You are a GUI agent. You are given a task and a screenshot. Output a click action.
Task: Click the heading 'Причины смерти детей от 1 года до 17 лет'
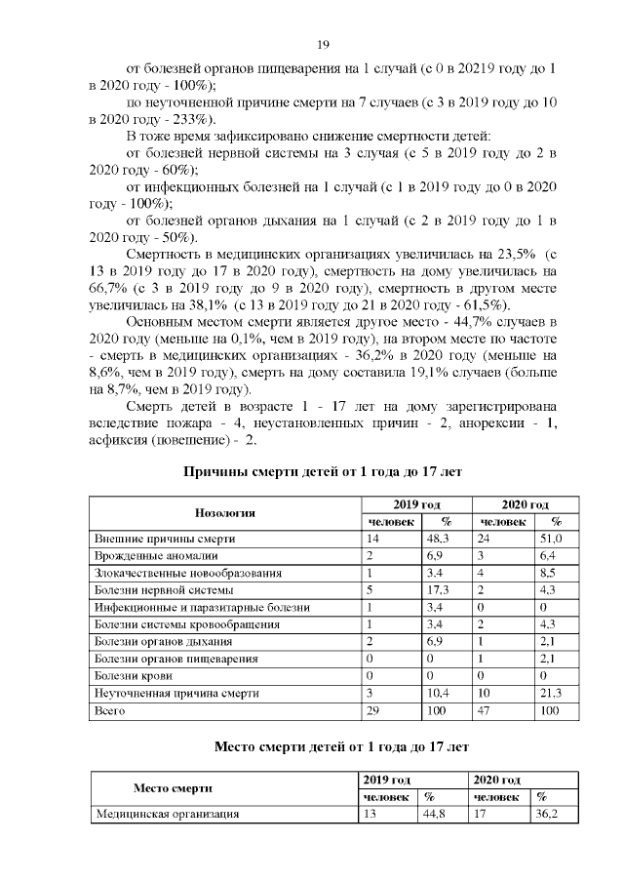[x=323, y=471]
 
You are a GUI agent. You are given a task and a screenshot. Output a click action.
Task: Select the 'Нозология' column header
[x=225, y=512]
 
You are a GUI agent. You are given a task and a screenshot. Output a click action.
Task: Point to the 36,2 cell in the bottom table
[x=548, y=814]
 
